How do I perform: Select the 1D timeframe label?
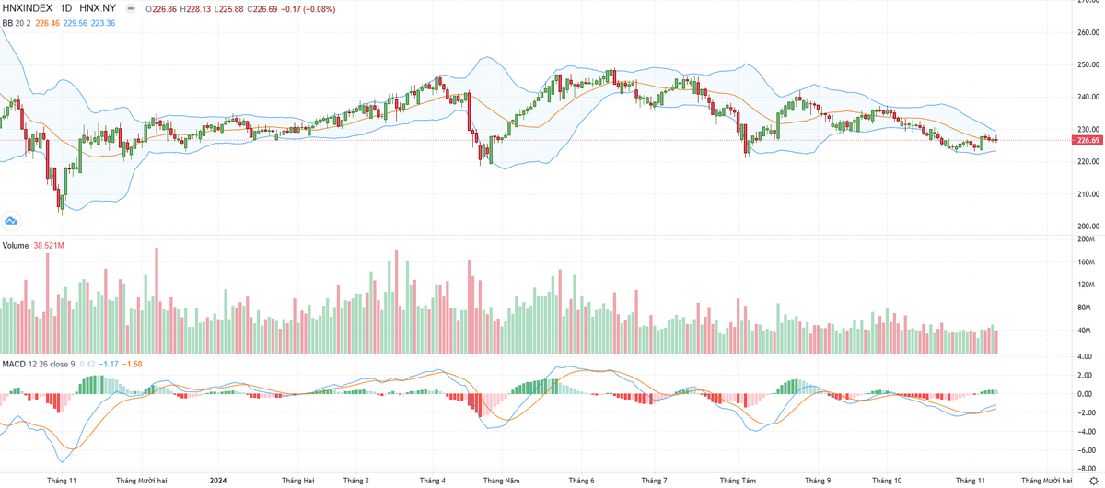[x=65, y=9]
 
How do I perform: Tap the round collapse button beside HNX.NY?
[x=131, y=9]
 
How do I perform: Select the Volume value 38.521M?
[x=53, y=246]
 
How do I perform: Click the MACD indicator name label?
[x=13, y=364]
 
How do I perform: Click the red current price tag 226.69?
[x=1088, y=140]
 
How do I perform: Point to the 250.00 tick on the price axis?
[x=1089, y=64]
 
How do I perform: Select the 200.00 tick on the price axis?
[x=1089, y=226]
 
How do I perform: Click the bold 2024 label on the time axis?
[x=217, y=480]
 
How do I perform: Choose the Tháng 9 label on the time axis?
[x=817, y=480]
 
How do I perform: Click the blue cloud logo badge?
[x=11, y=220]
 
